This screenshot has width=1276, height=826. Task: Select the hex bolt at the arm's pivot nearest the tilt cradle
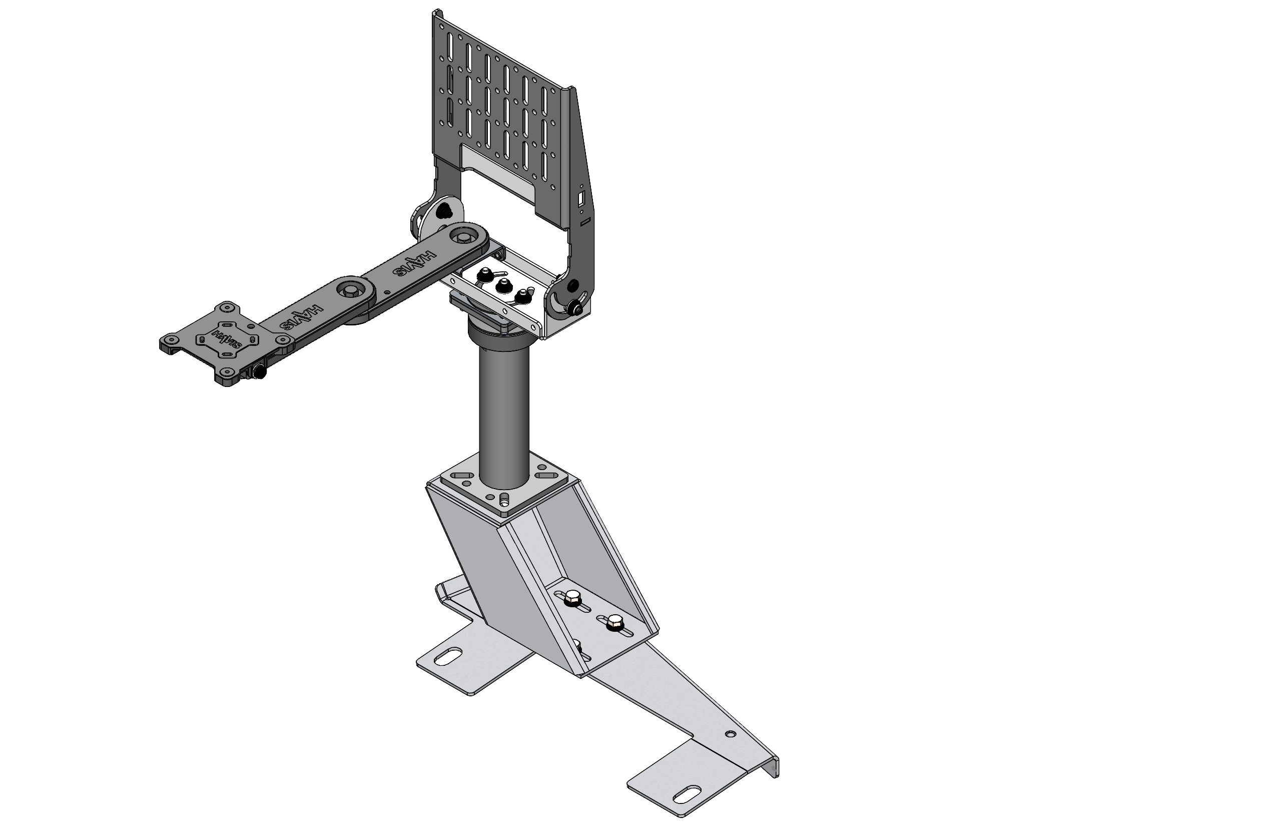(x=463, y=234)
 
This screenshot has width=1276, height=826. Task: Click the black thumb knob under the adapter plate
(x=259, y=371)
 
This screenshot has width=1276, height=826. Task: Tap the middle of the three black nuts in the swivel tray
(x=502, y=286)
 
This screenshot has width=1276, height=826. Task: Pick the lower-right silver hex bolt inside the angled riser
(x=613, y=622)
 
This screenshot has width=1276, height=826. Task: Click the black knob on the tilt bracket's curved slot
(x=576, y=309)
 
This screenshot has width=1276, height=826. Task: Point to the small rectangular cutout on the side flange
(x=580, y=200)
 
